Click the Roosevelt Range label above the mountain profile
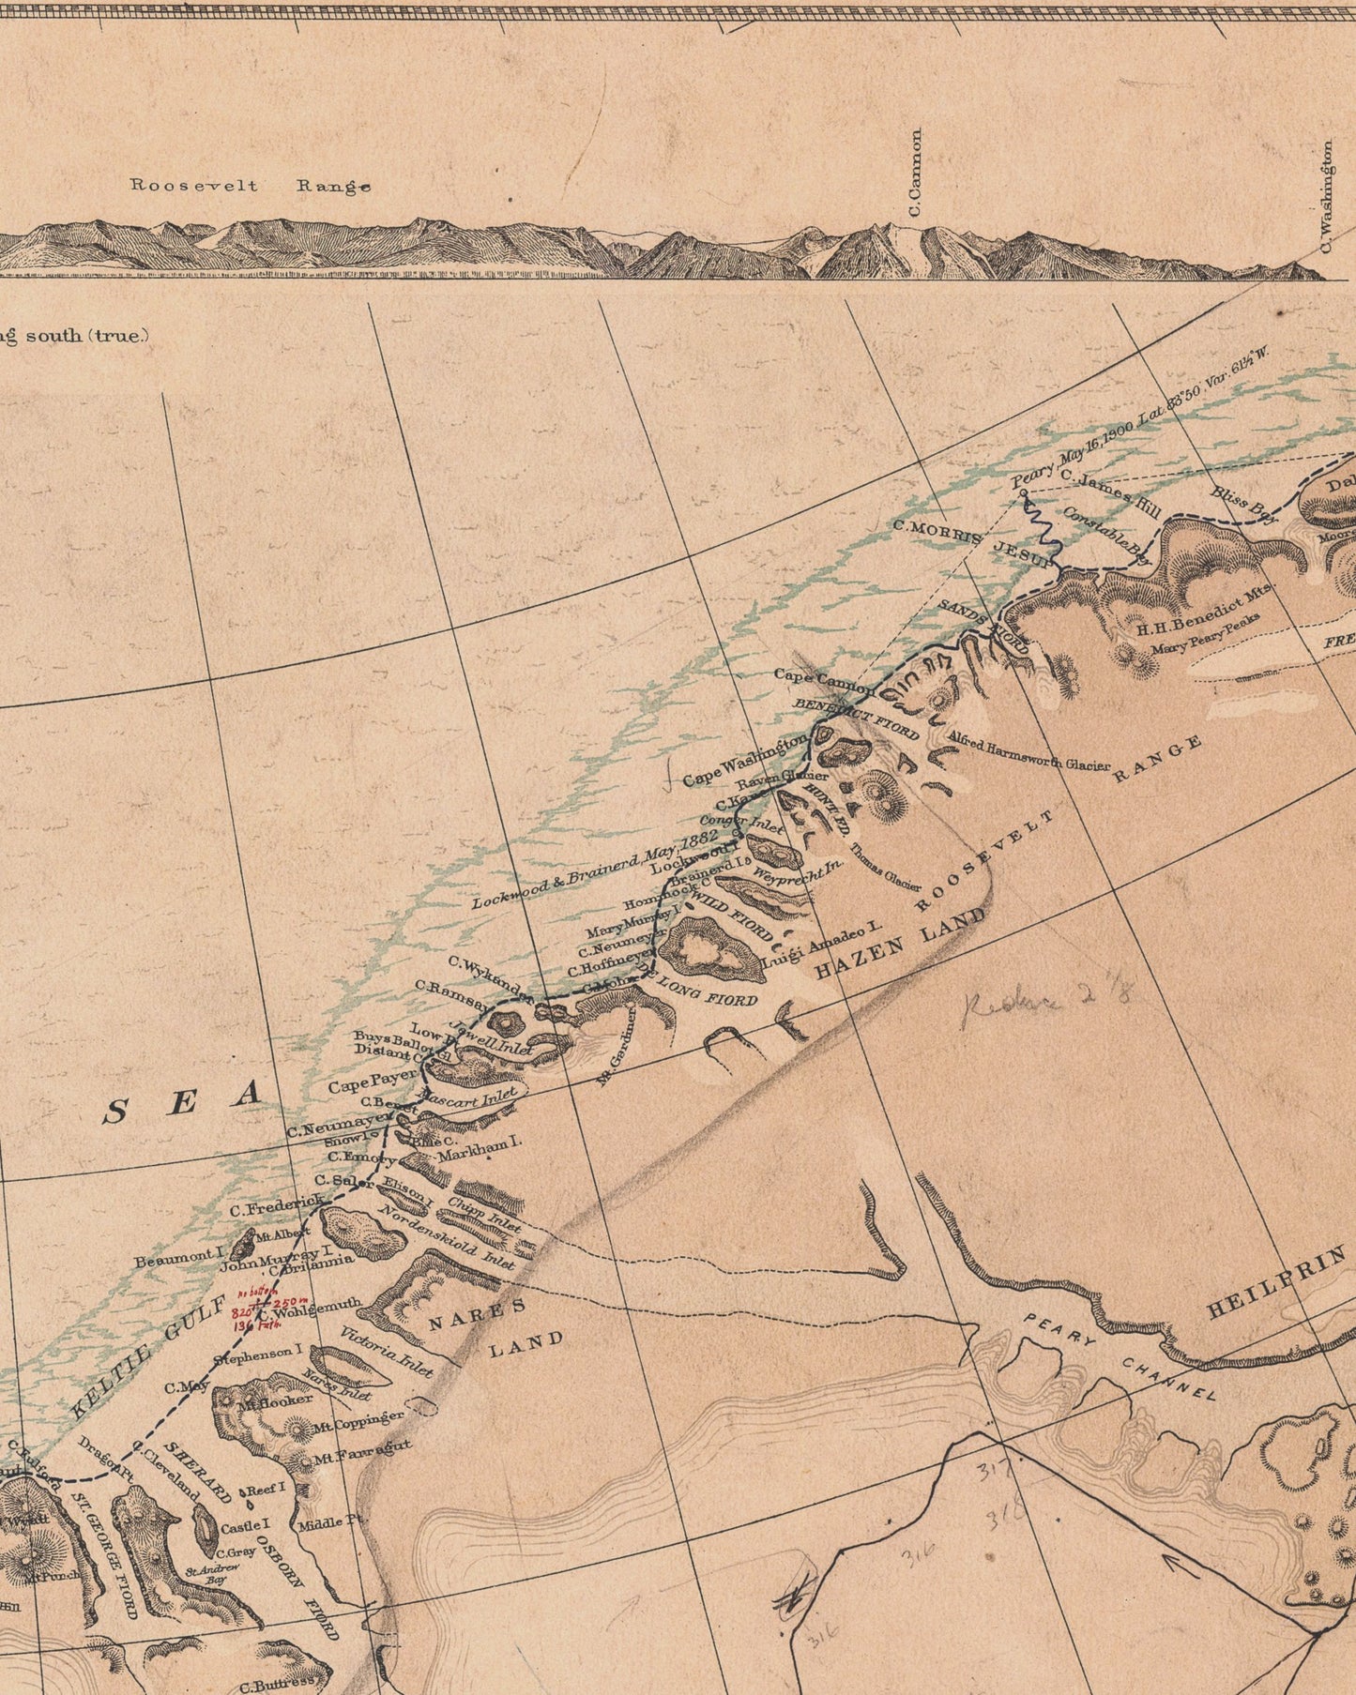tap(250, 186)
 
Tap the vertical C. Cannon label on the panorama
tap(916, 173)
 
